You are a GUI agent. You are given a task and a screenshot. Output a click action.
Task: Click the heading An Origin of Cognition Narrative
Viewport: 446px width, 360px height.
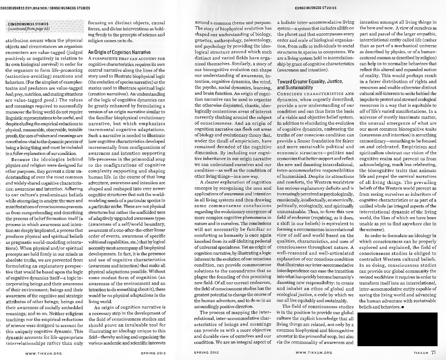119,52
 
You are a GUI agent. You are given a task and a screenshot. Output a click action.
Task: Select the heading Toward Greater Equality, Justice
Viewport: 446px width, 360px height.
310,81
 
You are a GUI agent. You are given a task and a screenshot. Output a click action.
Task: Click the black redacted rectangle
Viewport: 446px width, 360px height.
397,329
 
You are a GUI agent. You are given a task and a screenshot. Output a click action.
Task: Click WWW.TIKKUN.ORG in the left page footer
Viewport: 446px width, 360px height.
43,353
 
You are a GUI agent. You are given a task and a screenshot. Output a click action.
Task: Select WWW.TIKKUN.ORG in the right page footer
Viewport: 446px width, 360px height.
314,353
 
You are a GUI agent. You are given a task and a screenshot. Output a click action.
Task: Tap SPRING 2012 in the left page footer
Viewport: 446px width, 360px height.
153,353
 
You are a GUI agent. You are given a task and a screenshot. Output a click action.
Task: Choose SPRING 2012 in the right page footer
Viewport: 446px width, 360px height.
207,353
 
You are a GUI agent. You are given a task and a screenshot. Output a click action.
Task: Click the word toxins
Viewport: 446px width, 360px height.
12,88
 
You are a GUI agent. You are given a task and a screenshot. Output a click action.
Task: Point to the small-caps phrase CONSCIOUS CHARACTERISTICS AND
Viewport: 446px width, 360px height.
315,94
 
